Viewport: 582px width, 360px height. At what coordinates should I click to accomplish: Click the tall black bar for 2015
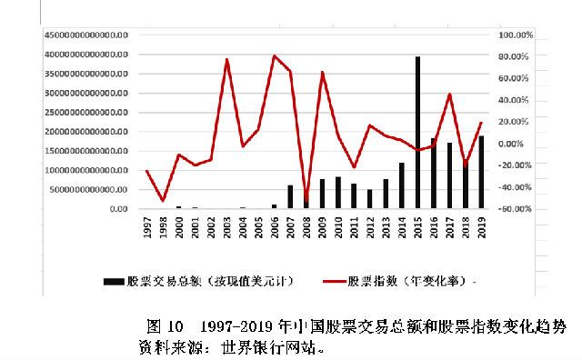(417, 133)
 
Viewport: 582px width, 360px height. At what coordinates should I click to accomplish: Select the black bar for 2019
(481, 173)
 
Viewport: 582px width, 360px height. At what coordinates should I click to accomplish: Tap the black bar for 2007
(290, 197)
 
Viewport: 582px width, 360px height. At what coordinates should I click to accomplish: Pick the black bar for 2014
(402, 185)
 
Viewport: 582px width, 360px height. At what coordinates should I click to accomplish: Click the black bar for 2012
(370, 199)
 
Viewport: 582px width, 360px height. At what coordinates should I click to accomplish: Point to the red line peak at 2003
(226, 60)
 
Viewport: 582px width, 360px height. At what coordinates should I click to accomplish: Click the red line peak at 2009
(323, 73)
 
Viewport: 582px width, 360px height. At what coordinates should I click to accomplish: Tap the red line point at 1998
(163, 201)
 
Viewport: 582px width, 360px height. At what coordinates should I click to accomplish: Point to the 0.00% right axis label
(516, 144)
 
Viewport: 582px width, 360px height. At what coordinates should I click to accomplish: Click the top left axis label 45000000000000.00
(86, 35)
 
